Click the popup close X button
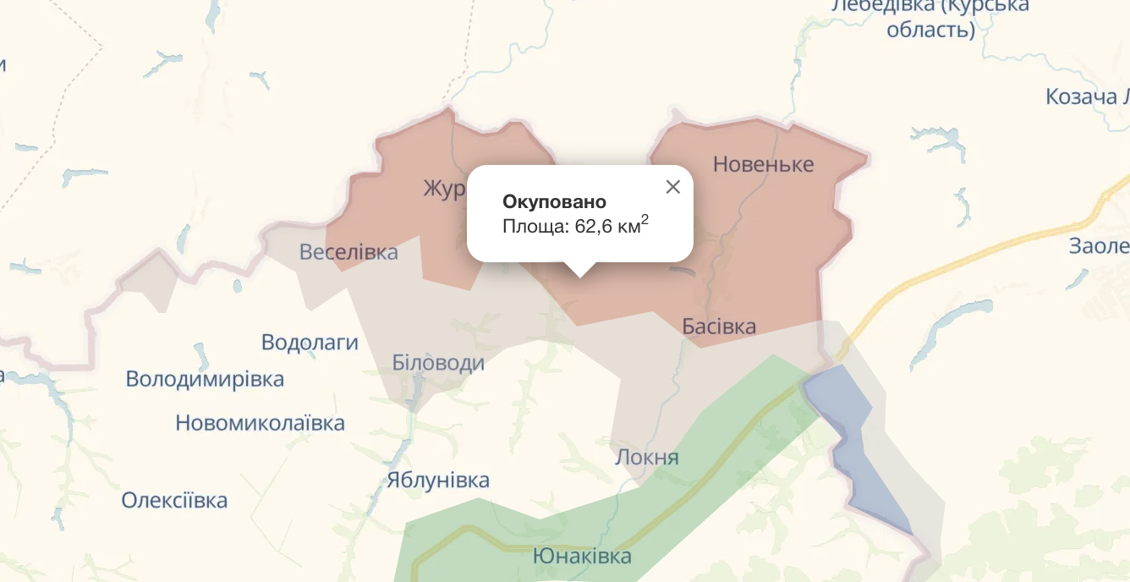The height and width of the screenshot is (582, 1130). pos(673,187)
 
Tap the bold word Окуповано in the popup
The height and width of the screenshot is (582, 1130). pos(554,202)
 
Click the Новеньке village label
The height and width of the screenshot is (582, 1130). pos(763,164)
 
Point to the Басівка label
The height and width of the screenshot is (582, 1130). pos(719,327)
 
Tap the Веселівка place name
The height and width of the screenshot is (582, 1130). pos(348,252)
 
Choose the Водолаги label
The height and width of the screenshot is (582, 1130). pos(310,343)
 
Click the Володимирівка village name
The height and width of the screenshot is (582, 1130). pos(205,379)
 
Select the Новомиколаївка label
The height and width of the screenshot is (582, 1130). pos(260,423)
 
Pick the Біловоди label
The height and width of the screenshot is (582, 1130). pos(438,363)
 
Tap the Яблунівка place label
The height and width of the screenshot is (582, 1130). pos(437,480)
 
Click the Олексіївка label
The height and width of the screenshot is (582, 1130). pos(174,500)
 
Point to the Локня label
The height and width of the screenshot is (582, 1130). pos(647,458)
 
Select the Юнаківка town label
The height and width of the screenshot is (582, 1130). pos(582,557)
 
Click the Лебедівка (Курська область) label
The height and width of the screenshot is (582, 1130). pos(930,17)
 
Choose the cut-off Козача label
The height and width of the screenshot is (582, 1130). pos(1086,96)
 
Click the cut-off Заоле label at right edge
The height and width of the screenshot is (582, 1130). pos(1099,246)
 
